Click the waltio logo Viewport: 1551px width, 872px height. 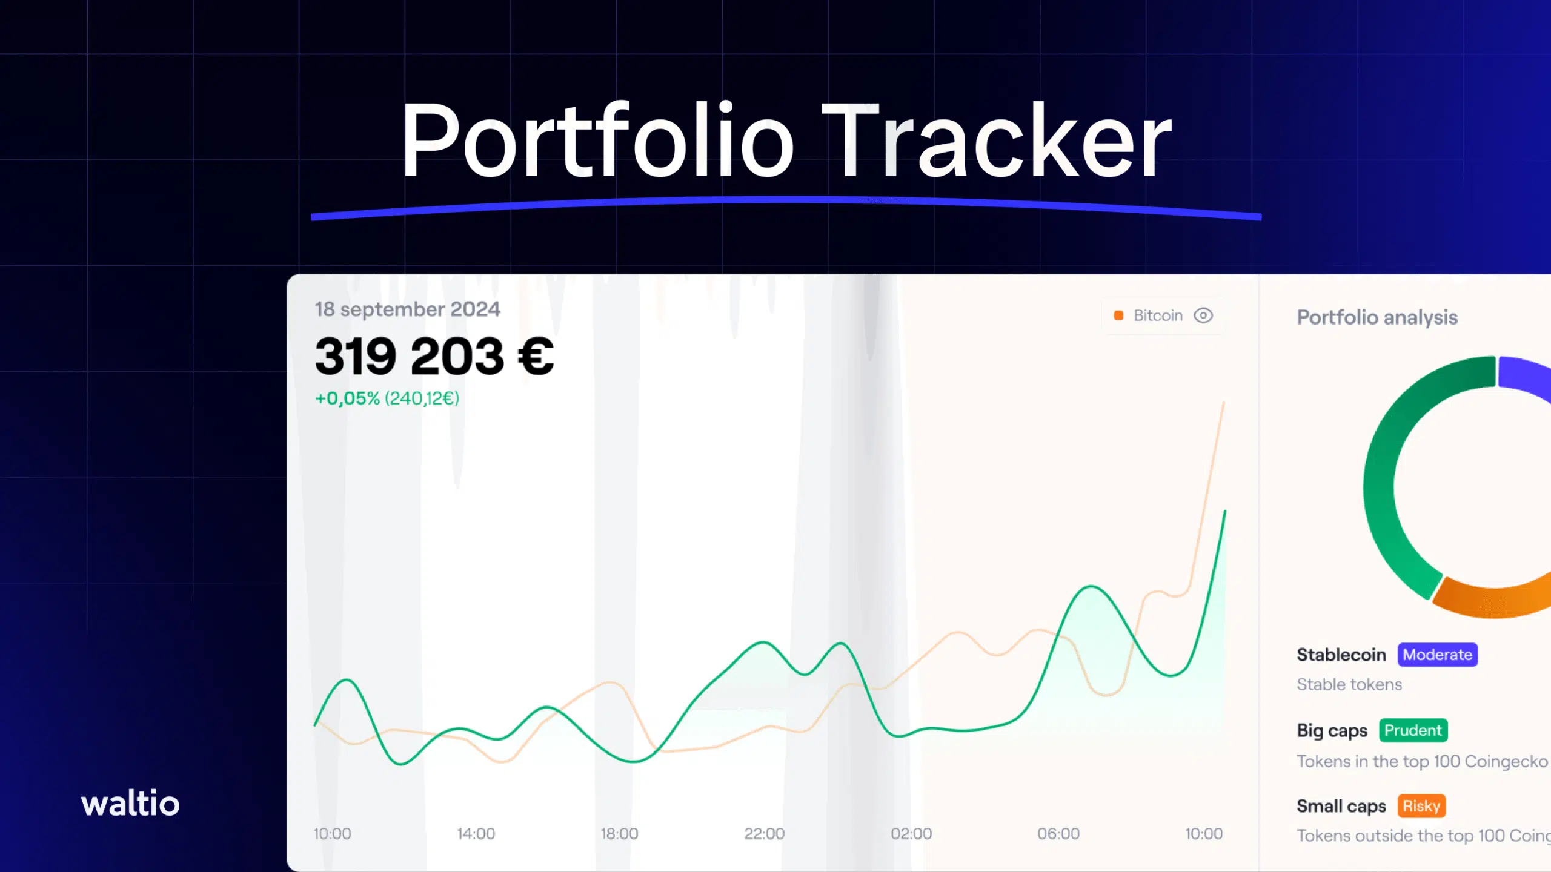click(x=130, y=803)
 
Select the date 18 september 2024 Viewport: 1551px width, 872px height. click(x=407, y=309)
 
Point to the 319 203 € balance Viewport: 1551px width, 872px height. click(x=434, y=356)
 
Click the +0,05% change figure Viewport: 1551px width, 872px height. click(x=347, y=398)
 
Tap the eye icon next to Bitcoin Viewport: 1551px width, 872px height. click(x=1203, y=315)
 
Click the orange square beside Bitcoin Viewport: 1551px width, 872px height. click(x=1118, y=315)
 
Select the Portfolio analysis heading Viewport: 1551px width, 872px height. click(x=1377, y=317)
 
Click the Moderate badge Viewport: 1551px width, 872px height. click(x=1438, y=655)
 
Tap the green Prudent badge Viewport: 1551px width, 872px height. click(x=1413, y=730)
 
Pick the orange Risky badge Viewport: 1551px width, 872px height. click(x=1421, y=806)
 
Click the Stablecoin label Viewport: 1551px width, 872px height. click(x=1341, y=655)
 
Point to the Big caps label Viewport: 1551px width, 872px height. click(x=1332, y=731)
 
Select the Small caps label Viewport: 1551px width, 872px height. click(x=1341, y=807)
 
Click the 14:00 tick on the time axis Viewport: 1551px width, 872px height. click(x=476, y=834)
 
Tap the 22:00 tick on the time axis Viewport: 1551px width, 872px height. click(x=764, y=834)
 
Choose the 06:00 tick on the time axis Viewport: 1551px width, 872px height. click(x=1058, y=834)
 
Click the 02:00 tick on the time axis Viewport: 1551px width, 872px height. click(x=911, y=834)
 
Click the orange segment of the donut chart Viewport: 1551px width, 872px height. click(x=1490, y=602)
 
